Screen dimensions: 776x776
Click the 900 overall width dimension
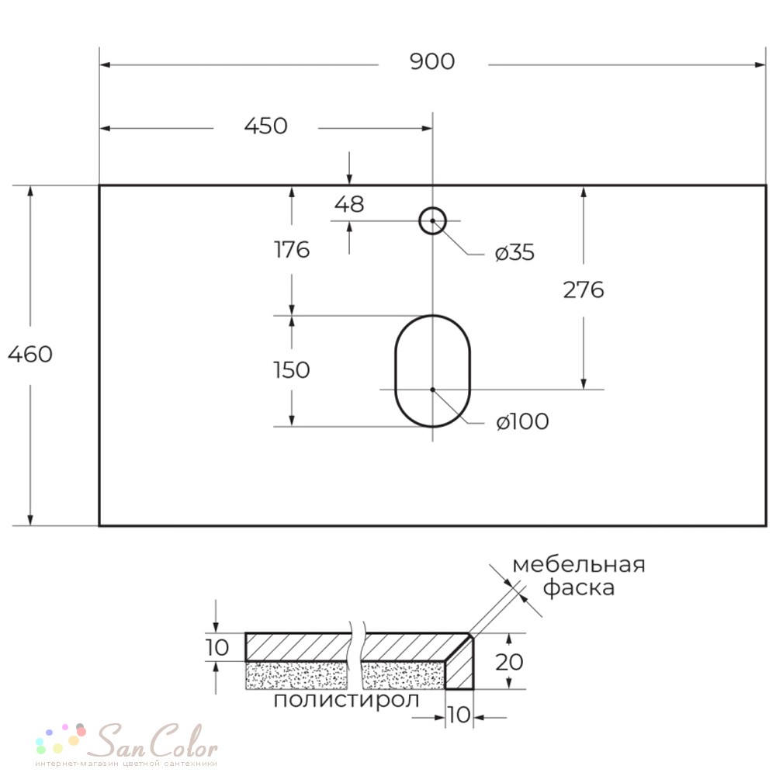432,61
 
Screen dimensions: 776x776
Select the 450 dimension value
265,126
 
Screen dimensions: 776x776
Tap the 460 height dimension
30,355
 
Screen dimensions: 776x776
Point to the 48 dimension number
349,204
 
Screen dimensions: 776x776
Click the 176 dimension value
292,249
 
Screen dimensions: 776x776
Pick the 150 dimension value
292,370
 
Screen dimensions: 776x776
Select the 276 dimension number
584,290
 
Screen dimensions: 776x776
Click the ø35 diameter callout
514,252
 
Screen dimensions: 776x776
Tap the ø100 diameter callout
522,421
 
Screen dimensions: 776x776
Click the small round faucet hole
432,208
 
